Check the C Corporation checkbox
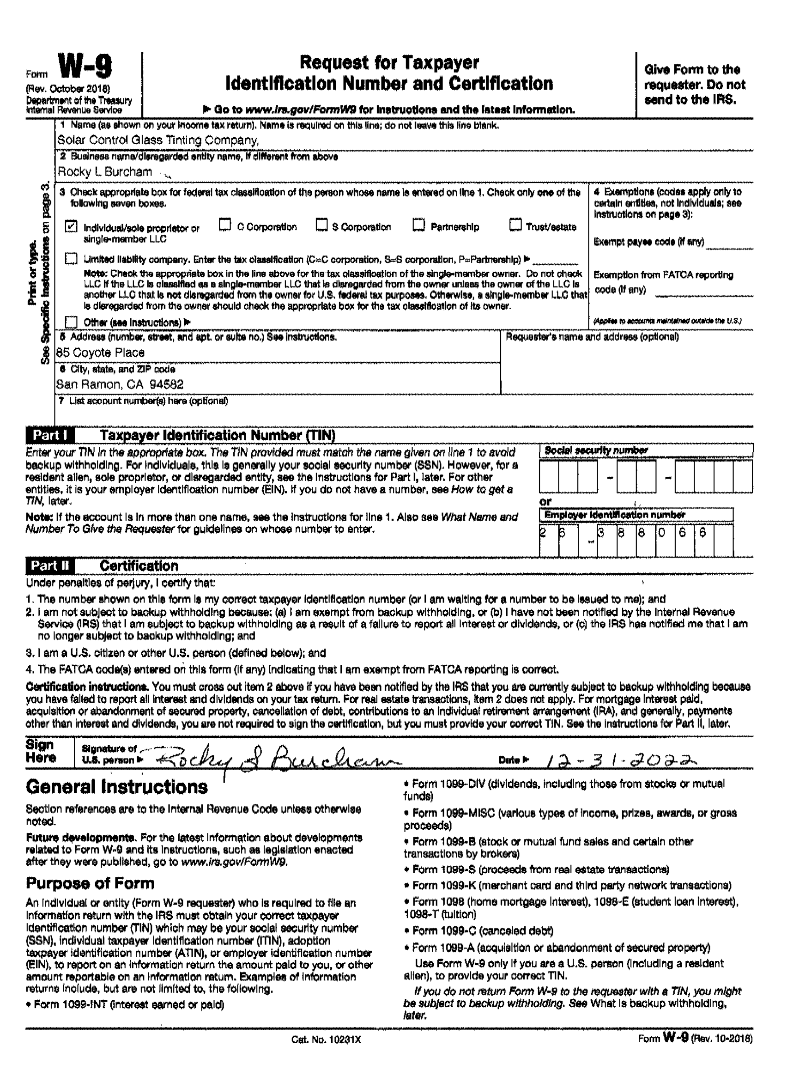[x=224, y=225]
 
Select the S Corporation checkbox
[x=322, y=225]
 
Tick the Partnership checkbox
[x=419, y=225]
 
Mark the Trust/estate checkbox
[x=515, y=225]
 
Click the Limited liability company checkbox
[x=71, y=259]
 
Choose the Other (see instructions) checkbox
[x=71, y=322]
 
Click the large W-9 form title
[x=85, y=67]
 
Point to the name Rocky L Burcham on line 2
[x=105, y=172]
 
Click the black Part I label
[x=49, y=435]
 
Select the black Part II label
[x=49, y=566]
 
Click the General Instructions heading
[x=117, y=787]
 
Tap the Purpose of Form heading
[x=90, y=883]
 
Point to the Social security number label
[x=596, y=450]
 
